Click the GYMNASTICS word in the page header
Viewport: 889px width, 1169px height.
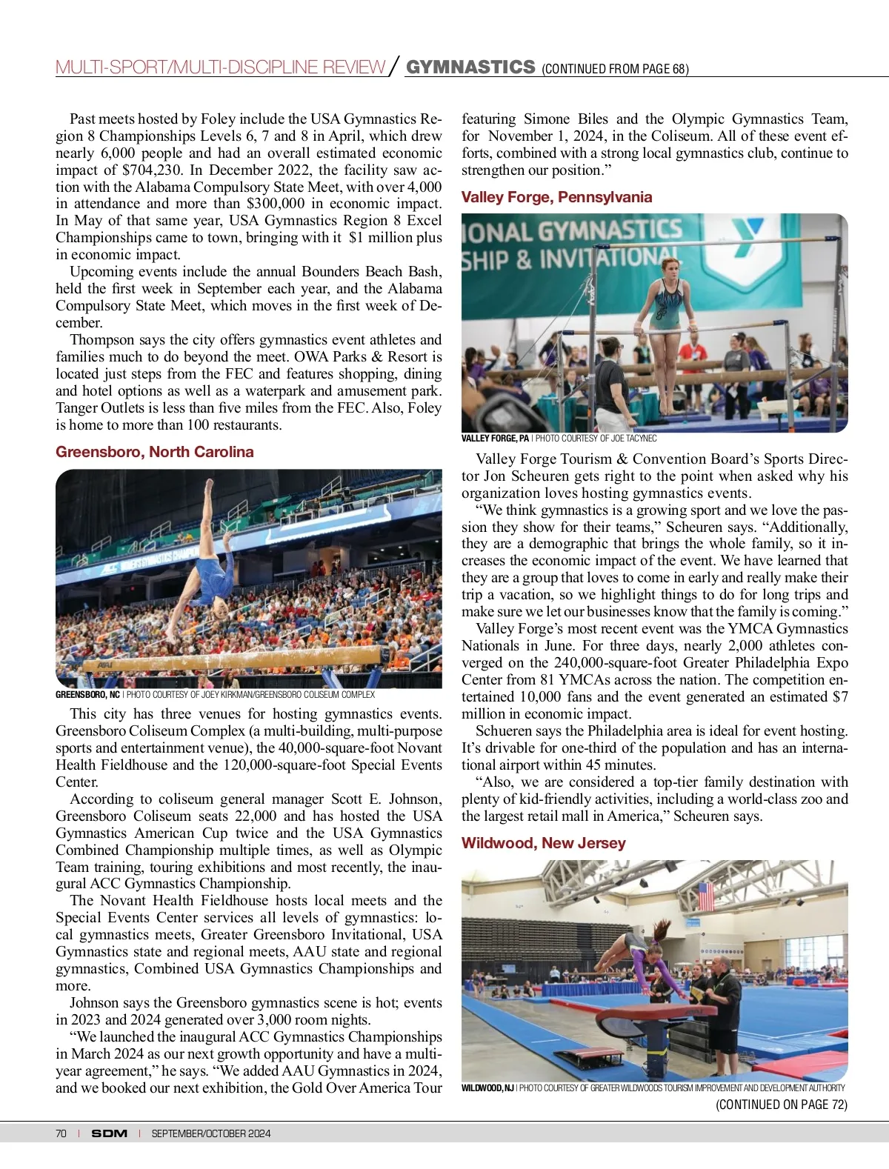coord(470,67)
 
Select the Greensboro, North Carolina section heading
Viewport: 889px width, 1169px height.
coord(154,452)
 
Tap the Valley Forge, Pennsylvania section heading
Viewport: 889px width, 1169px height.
coord(556,197)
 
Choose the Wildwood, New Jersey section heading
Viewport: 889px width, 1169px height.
coord(543,843)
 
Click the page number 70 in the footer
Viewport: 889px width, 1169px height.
coord(61,1133)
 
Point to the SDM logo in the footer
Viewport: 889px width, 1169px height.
coord(109,1133)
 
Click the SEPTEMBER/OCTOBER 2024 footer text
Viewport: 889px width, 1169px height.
coord(210,1133)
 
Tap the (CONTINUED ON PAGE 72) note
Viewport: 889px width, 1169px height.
coord(781,1105)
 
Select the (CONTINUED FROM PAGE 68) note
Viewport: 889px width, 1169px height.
coord(615,69)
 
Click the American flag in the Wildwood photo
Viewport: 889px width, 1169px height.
coord(706,896)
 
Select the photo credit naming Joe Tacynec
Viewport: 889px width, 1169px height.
coord(596,439)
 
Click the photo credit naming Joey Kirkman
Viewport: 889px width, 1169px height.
coord(250,695)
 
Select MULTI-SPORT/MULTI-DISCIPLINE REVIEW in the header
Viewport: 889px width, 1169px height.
coord(220,67)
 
